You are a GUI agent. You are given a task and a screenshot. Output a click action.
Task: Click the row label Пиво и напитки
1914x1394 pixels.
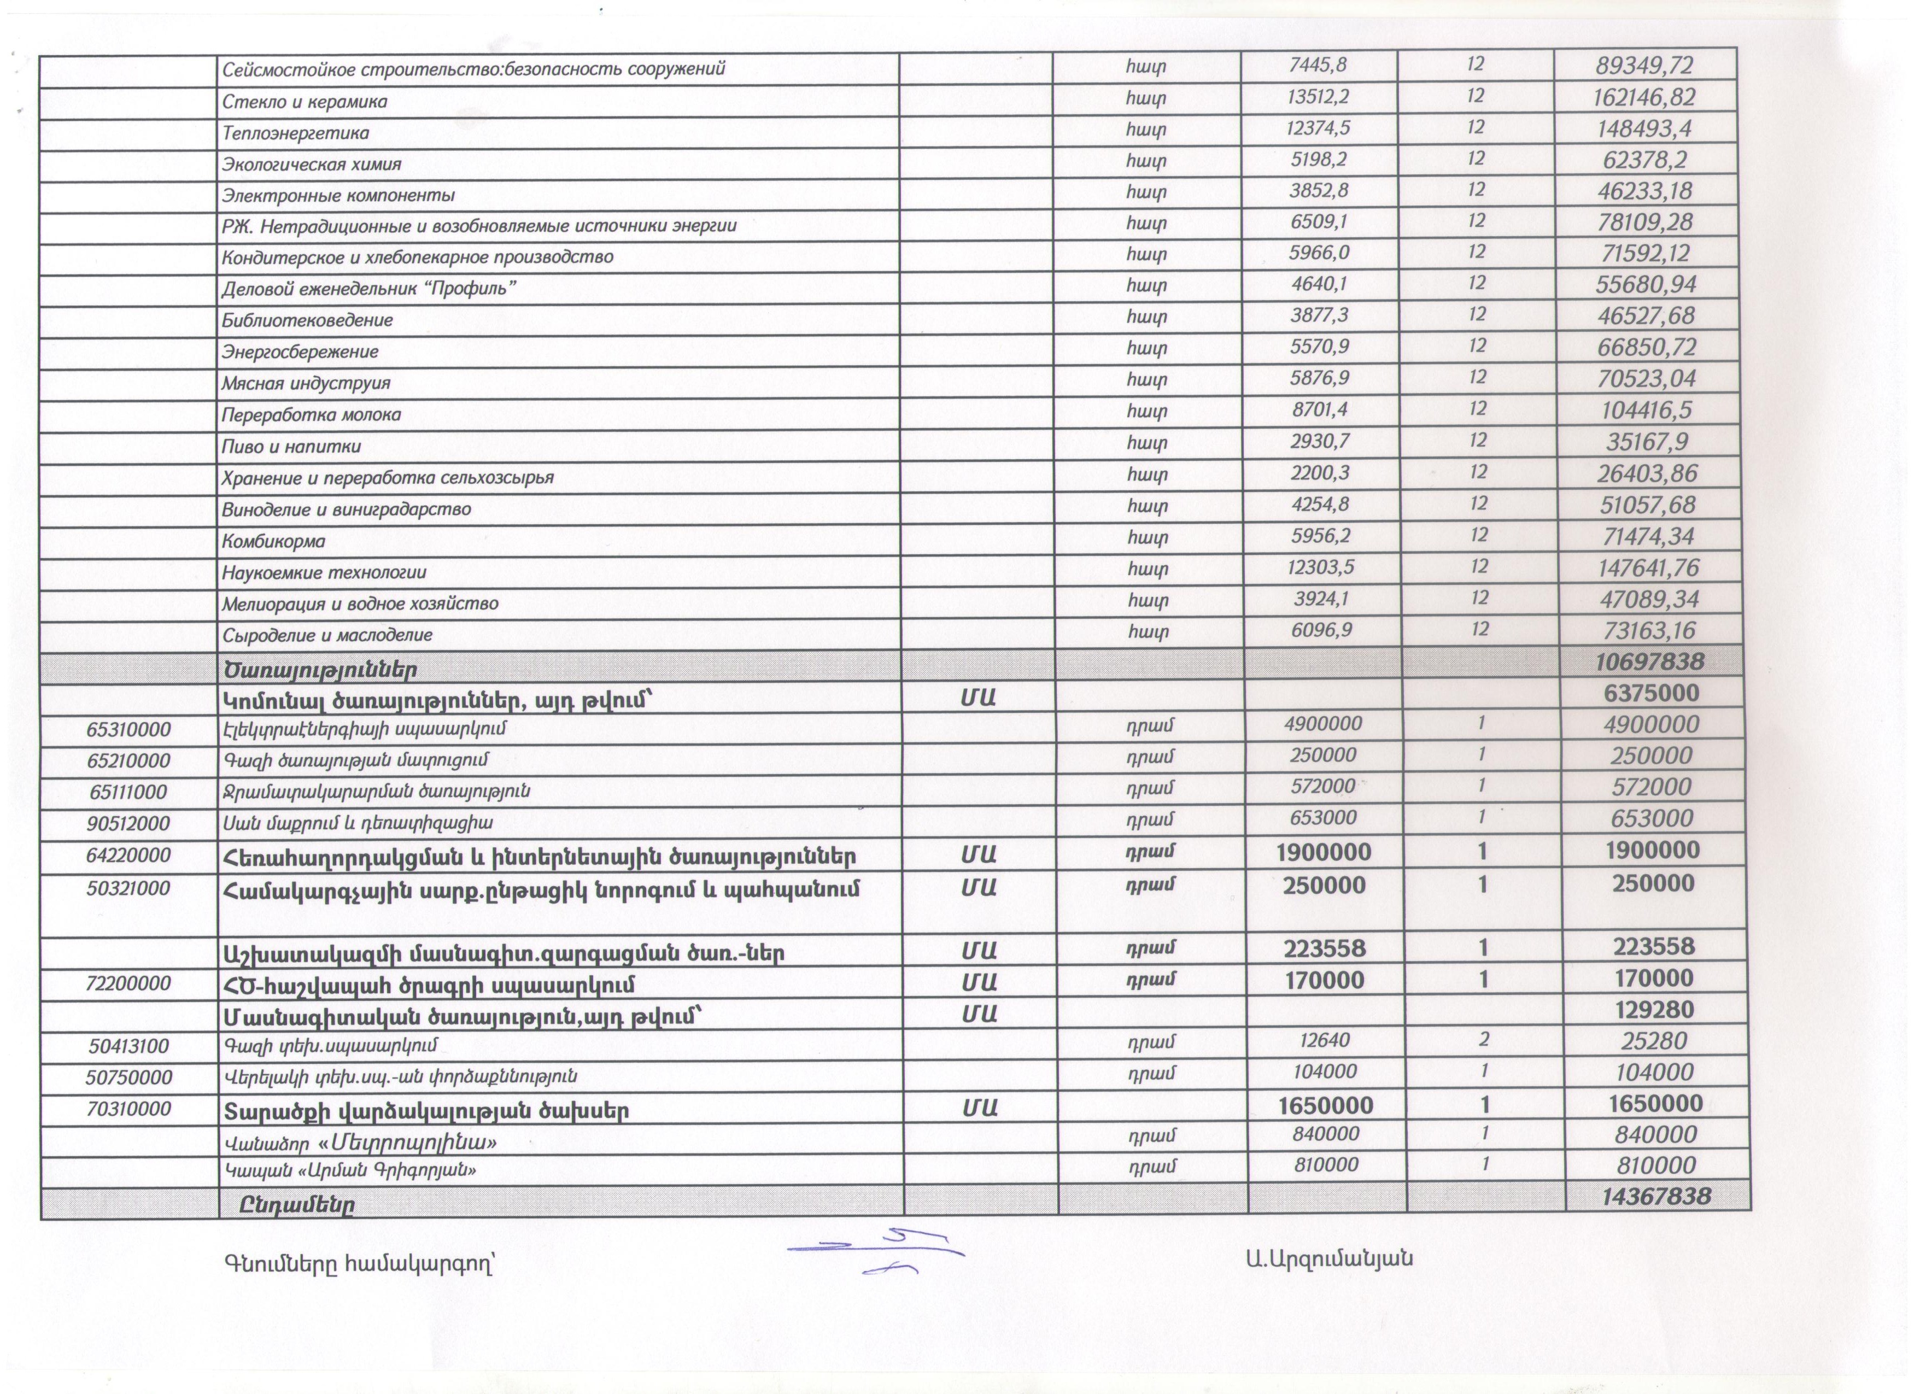point(291,447)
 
